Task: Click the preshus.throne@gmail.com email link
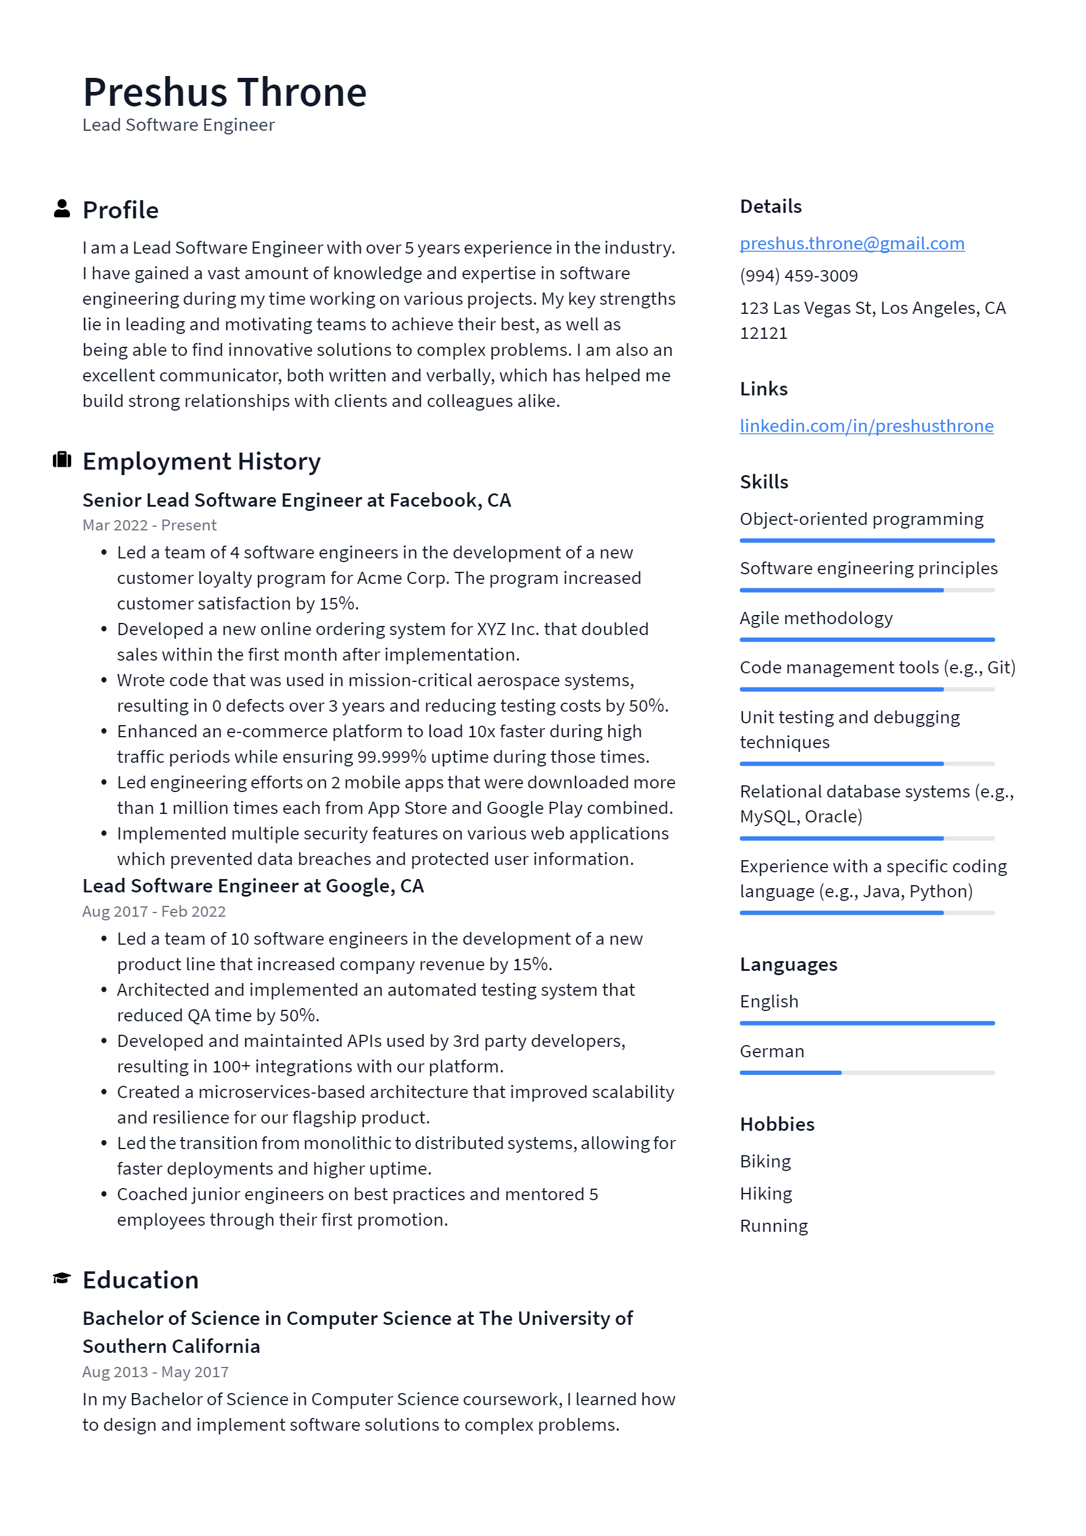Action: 851,243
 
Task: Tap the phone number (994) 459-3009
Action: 798,276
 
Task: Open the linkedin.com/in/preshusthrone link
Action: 866,426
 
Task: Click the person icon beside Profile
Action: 61,209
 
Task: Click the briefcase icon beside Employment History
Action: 61,460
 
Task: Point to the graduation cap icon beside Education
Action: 61,1279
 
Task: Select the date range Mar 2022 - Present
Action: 149,525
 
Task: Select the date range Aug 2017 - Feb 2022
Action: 154,911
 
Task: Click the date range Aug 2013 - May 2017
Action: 155,1372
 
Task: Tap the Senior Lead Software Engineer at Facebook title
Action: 296,501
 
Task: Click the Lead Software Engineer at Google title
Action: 253,886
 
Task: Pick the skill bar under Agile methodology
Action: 866,639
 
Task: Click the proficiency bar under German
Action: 866,1072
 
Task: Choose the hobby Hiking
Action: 765,1194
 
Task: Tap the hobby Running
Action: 773,1226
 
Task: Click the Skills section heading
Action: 764,482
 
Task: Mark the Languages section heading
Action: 788,965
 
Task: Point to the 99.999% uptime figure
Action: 391,757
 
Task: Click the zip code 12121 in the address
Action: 764,333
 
